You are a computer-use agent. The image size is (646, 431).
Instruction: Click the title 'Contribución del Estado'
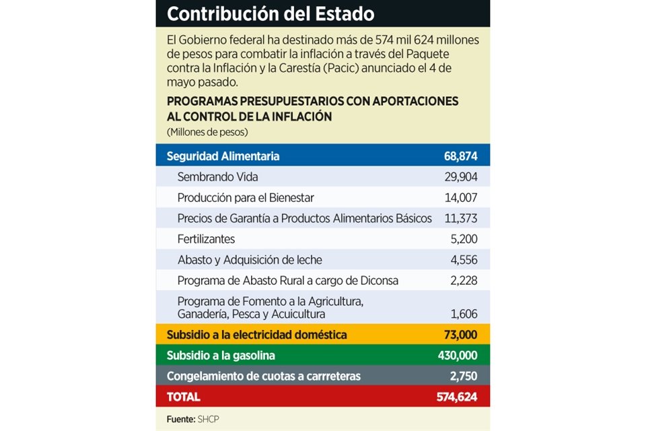[271, 14]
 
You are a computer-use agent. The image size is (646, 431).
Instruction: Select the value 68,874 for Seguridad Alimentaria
[460, 156]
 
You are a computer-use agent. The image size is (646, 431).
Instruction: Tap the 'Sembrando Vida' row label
[217, 177]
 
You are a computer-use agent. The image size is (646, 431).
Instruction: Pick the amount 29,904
[461, 177]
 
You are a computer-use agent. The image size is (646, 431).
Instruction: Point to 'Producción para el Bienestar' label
[246, 198]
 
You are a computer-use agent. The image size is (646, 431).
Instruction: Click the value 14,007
[461, 198]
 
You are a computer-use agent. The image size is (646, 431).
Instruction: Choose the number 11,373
[461, 219]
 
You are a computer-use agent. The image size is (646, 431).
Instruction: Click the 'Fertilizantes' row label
[206, 239]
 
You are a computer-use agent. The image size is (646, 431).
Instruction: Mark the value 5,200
[464, 239]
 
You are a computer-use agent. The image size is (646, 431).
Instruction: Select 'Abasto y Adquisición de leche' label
[250, 260]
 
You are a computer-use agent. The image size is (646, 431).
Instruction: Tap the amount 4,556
[464, 260]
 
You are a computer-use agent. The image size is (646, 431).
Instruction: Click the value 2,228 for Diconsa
[464, 281]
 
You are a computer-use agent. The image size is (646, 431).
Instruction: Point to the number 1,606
[464, 314]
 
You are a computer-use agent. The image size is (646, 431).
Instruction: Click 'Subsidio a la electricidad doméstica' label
[256, 335]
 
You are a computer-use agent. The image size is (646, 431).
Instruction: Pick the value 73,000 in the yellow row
[460, 335]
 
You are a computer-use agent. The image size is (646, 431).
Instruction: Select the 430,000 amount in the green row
[458, 356]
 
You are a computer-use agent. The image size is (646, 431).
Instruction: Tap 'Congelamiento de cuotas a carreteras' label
[264, 376]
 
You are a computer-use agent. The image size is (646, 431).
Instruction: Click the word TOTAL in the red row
[183, 397]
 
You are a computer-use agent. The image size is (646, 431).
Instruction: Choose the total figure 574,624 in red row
[457, 397]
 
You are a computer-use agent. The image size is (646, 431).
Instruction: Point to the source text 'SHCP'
[208, 420]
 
